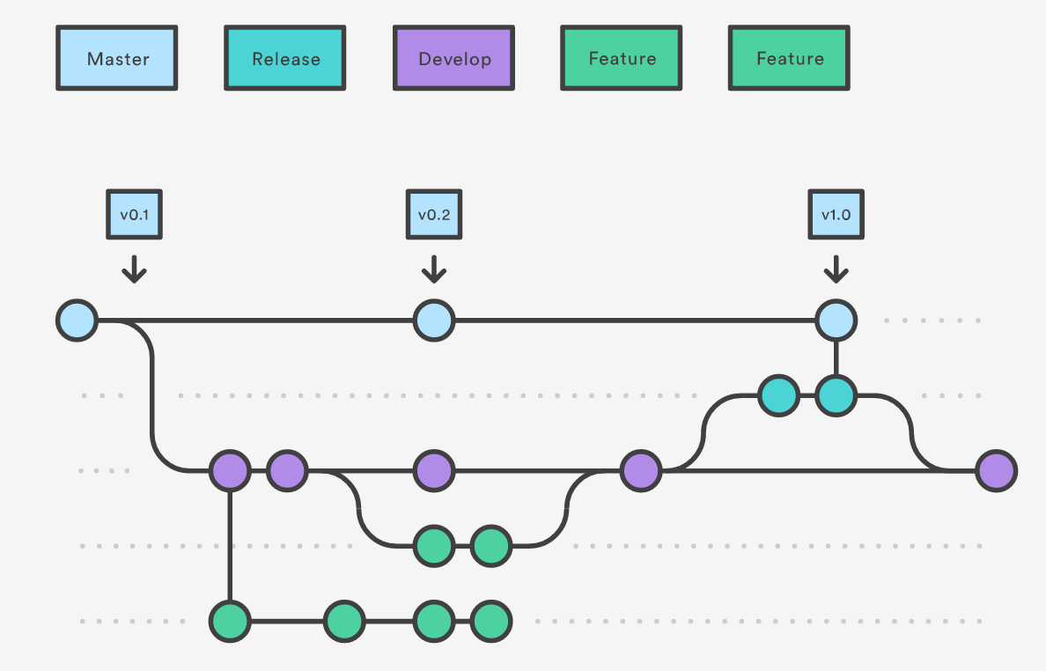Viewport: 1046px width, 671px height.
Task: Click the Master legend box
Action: pyautogui.click(x=117, y=58)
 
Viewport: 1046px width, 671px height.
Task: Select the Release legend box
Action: pyautogui.click(x=285, y=58)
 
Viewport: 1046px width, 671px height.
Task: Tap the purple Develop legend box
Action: pyautogui.click(x=453, y=58)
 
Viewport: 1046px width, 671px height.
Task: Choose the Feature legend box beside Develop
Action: pyautogui.click(x=622, y=58)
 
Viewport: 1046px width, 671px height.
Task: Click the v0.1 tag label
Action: pyautogui.click(x=134, y=214)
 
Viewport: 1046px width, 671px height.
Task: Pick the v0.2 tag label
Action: pyautogui.click(x=433, y=214)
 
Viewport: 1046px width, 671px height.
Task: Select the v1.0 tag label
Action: pyautogui.click(x=836, y=214)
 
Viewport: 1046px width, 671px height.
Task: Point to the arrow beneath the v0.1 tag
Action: pyautogui.click(x=134, y=269)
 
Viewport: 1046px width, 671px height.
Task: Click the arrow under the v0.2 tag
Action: pyautogui.click(x=433, y=269)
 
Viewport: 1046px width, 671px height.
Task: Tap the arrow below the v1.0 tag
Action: pyautogui.click(x=836, y=269)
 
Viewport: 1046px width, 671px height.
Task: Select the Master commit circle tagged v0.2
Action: pyautogui.click(x=434, y=321)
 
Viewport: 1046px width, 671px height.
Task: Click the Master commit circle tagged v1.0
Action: pyautogui.click(x=836, y=321)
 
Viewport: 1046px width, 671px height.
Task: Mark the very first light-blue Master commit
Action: pyautogui.click(x=77, y=321)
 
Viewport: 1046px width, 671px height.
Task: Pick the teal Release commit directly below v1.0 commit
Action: pyautogui.click(x=836, y=396)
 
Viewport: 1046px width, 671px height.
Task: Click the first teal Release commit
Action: pyautogui.click(x=779, y=396)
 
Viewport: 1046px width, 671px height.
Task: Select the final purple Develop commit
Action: pyautogui.click(x=997, y=471)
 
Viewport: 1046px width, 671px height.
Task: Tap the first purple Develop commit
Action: pyautogui.click(x=230, y=471)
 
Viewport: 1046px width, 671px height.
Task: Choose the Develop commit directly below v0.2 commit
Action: pyautogui.click(x=434, y=471)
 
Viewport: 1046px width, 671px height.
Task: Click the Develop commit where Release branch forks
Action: pyautogui.click(x=641, y=471)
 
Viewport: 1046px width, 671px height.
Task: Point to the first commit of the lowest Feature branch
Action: pyautogui.click(x=230, y=622)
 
